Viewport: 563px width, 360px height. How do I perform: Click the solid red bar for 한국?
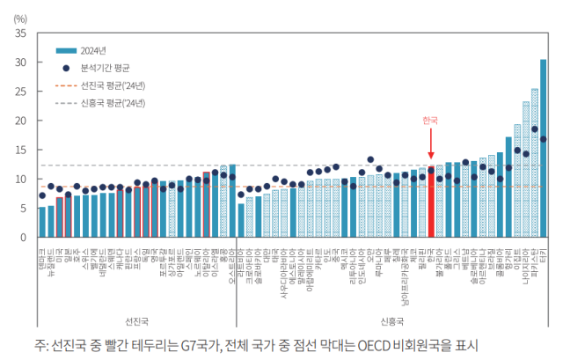tap(430, 202)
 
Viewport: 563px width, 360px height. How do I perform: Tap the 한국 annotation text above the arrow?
tap(429, 120)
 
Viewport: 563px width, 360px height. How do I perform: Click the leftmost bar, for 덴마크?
tap(41, 222)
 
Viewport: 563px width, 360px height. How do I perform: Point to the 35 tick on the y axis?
tap(18, 33)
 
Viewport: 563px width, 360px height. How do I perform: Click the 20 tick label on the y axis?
tap(18, 121)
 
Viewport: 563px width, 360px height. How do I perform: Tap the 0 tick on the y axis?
tap(22, 237)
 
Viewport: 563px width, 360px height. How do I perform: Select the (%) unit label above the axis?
tap(20, 18)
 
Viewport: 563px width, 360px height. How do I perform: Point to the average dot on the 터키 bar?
tap(543, 139)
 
